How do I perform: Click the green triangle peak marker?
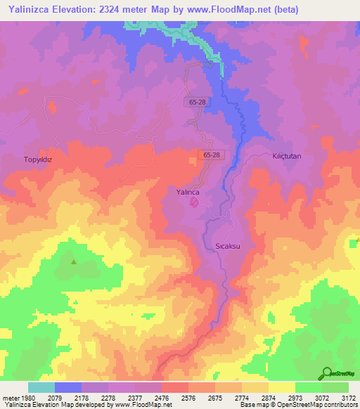(74, 262)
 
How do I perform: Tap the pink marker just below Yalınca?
(195, 204)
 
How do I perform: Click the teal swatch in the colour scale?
(41, 387)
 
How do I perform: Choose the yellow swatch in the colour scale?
(281, 387)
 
